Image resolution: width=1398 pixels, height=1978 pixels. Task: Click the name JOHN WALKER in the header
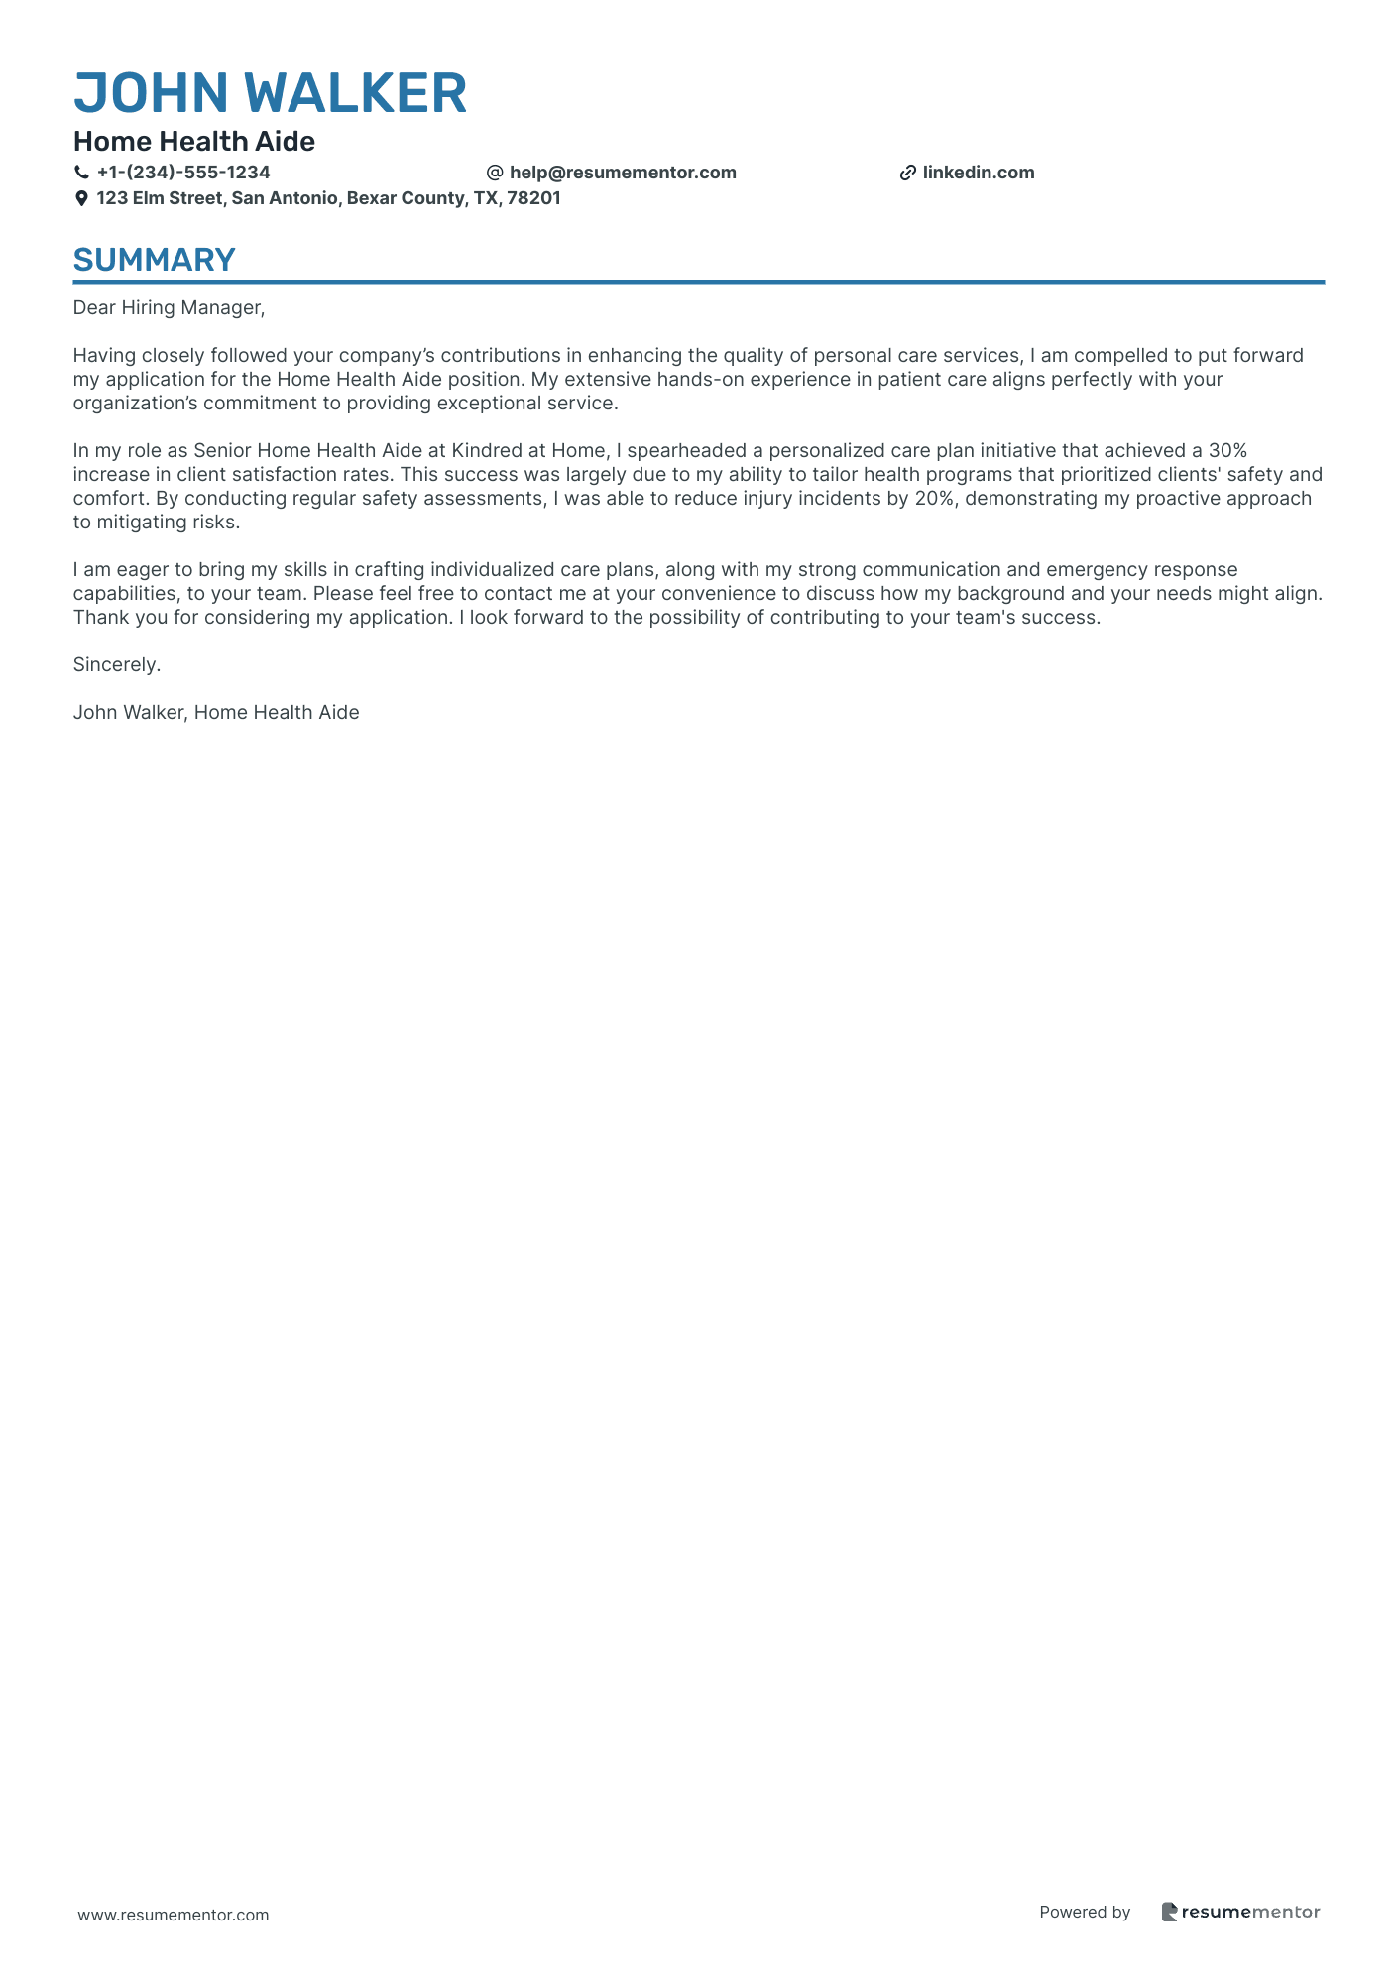point(270,94)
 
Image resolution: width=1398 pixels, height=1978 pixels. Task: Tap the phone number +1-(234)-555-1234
point(183,173)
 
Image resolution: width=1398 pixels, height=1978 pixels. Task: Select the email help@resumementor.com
point(623,173)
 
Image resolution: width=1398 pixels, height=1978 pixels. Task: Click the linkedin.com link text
point(978,173)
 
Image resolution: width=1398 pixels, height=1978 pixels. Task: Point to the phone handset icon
point(81,173)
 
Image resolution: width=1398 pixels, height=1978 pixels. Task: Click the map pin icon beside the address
point(81,198)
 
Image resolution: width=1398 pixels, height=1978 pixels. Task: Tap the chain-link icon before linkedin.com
point(907,173)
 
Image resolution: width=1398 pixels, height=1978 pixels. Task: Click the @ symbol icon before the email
point(495,173)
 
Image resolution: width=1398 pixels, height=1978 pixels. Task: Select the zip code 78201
point(533,198)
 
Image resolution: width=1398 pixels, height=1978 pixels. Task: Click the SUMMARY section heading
point(155,260)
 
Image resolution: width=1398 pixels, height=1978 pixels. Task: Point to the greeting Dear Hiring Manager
point(169,308)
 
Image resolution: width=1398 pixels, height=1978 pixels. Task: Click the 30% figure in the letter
point(1226,451)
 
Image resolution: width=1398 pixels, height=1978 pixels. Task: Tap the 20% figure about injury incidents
point(933,499)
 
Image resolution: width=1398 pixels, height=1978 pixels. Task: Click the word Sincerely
point(117,665)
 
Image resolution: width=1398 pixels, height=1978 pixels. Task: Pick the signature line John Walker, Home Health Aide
point(216,713)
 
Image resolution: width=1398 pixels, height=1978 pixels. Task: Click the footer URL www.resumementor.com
point(174,1915)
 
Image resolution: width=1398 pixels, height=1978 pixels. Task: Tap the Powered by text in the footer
point(1085,1913)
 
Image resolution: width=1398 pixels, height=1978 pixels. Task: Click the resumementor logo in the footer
point(1240,1913)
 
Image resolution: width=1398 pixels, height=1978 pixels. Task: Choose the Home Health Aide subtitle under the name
point(194,142)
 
